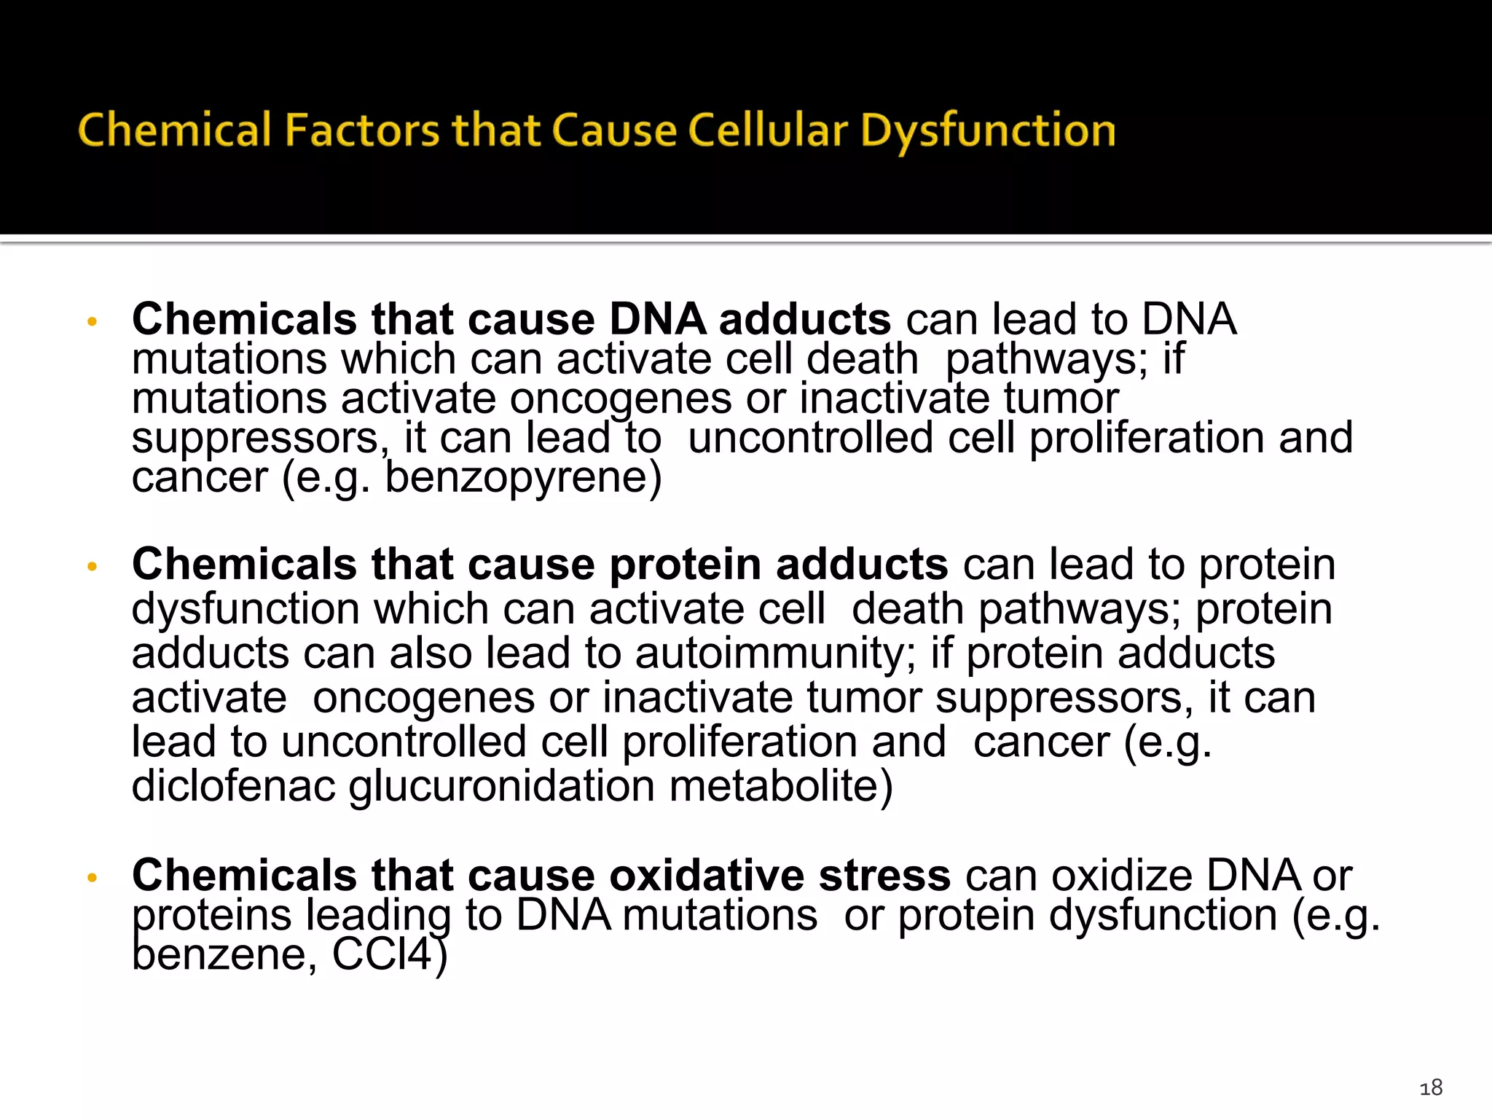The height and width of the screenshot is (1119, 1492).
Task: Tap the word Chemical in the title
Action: [x=174, y=131]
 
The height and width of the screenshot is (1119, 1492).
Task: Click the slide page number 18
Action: [x=1431, y=1088]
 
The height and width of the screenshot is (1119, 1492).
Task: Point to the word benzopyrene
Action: [x=522, y=478]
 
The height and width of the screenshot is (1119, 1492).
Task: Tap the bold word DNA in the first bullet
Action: [x=657, y=319]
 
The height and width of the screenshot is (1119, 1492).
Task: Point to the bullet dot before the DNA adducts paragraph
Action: [x=92, y=321]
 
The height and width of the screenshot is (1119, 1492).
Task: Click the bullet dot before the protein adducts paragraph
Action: [x=92, y=566]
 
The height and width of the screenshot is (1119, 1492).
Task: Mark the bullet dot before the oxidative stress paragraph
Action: [x=92, y=877]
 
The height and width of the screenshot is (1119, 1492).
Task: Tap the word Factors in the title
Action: [x=361, y=131]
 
